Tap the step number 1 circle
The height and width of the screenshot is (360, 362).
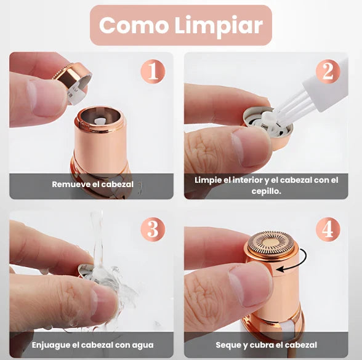pyautogui.click(x=153, y=71)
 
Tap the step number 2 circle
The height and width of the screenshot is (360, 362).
pyautogui.click(x=328, y=71)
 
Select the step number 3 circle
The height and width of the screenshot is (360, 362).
pyautogui.click(x=153, y=229)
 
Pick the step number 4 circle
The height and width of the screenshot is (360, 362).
pyautogui.click(x=328, y=229)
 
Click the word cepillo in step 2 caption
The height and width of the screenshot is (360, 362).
pyautogui.click(x=267, y=191)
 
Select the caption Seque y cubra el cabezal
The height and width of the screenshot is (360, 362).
pyautogui.click(x=266, y=345)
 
